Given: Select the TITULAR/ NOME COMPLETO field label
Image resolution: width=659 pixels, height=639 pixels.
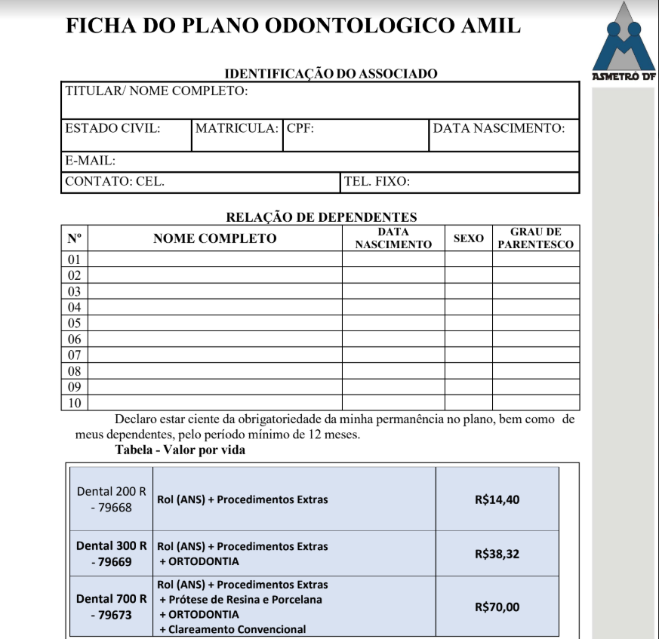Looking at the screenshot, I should pos(157,92).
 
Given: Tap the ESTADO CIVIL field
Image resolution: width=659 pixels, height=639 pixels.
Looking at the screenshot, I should pos(113,128).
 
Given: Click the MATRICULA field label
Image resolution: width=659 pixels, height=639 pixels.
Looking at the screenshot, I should pos(237,128).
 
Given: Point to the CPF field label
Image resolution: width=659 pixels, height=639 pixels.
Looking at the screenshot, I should pos(300,128).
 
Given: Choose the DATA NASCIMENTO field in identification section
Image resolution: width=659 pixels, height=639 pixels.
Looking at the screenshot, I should pos(499,128).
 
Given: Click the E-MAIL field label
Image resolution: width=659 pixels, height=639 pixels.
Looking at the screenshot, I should pos(91,161).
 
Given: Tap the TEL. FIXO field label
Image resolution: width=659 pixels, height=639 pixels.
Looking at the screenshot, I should pos(377,181).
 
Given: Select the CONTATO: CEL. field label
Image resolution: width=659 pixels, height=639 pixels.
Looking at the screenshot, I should pos(115,181).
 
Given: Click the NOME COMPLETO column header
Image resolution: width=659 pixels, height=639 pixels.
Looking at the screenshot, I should pos(215,238).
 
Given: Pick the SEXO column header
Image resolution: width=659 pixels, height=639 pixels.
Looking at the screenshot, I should pos(468,238).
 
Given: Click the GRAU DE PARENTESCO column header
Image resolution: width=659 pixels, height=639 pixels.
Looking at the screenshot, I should pos(536,238).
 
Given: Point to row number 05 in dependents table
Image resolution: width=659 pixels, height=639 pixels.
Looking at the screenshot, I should pos(74,324).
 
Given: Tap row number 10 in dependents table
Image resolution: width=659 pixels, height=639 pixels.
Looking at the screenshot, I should pos(74,403).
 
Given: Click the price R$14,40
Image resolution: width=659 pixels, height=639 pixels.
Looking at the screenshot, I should pos(497,499).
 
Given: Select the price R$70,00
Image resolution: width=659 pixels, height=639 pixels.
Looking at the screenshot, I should pos(497,607).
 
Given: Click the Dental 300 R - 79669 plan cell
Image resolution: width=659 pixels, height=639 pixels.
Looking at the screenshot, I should pos(111,554).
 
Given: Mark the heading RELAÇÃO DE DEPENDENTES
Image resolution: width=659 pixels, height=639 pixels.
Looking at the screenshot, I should pos(322,217).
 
